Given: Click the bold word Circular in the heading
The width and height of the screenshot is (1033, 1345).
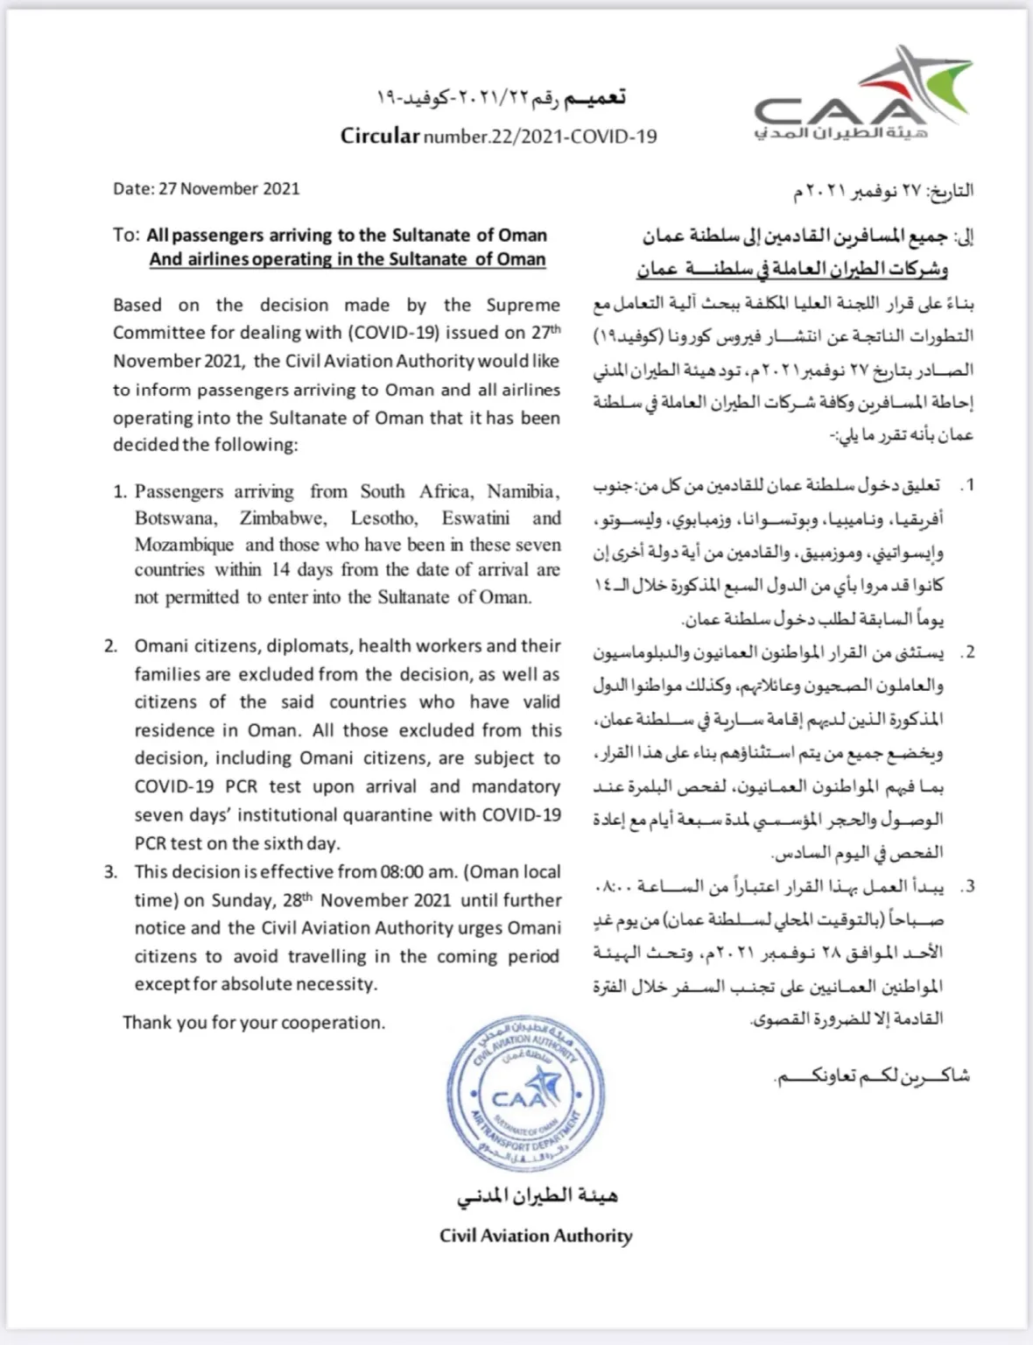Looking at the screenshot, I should click(x=380, y=136).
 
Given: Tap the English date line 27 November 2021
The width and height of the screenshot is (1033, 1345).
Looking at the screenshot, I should click(x=206, y=188).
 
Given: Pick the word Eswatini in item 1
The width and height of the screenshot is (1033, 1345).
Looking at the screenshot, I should click(x=475, y=518).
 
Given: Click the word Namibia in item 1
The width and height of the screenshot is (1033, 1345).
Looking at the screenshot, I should click(x=523, y=491).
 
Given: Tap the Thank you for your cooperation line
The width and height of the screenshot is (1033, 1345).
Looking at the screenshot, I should click(x=254, y=1023).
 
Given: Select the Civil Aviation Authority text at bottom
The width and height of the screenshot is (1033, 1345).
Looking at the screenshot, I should click(x=536, y=1236).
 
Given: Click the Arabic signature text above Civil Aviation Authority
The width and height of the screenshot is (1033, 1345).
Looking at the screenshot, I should click(x=537, y=1196).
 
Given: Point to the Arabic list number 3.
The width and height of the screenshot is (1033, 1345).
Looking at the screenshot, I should click(x=966, y=887).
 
